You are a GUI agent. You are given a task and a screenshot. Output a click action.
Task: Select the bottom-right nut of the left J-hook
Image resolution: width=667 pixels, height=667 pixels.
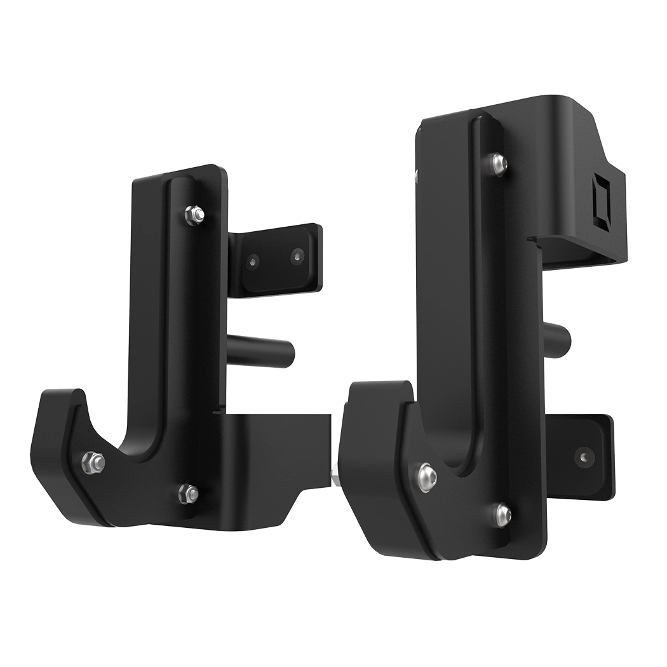coord(189,491)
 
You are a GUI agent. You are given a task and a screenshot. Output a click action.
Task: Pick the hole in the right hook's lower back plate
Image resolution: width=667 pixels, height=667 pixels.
coord(583,456)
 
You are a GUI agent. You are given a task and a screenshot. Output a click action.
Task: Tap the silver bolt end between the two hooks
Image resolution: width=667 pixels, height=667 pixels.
coord(335,474)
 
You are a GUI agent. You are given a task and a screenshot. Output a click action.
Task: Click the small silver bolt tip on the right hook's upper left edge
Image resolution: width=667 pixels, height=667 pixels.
coord(416,174)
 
